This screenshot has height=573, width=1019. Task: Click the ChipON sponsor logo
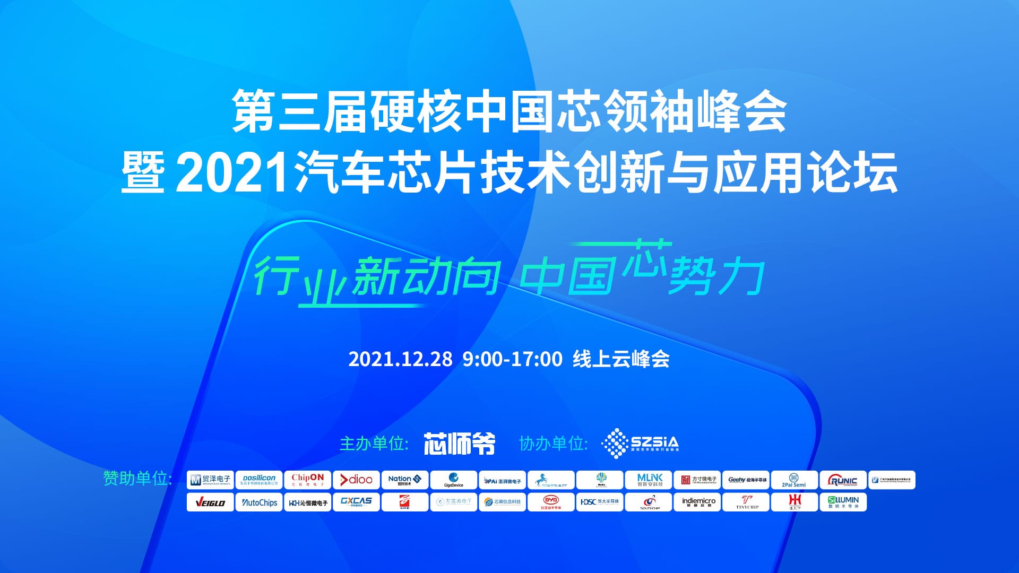pyautogui.click(x=307, y=480)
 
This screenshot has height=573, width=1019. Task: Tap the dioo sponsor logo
pyautogui.click(x=356, y=480)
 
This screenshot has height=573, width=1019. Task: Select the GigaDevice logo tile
pyautogui.click(x=453, y=480)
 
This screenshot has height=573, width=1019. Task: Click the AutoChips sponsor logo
pyautogui.click(x=259, y=502)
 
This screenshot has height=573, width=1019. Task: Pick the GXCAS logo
pyautogui.click(x=356, y=502)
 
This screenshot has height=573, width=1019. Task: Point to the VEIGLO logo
pyautogui.click(x=210, y=502)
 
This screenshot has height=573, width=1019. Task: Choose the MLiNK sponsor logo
pyautogui.click(x=649, y=480)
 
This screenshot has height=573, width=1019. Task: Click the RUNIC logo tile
pyautogui.click(x=843, y=480)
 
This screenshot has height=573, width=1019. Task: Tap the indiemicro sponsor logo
pyautogui.click(x=698, y=502)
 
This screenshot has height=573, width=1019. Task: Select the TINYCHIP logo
pyautogui.click(x=747, y=502)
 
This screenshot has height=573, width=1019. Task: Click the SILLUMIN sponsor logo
pyautogui.click(x=843, y=502)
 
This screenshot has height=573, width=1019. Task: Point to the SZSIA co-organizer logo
pyautogui.click(x=640, y=443)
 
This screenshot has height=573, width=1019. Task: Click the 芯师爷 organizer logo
pyautogui.click(x=459, y=444)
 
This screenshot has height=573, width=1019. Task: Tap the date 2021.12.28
pyautogui.click(x=400, y=359)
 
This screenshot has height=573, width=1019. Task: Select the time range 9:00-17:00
pyautogui.click(x=512, y=359)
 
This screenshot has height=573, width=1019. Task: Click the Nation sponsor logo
pyautogui.click(x=404, y=480)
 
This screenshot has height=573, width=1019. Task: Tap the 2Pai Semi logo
pyautogui.click(x=794, y=480)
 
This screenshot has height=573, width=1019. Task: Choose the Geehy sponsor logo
pyautogui.click(x=747, y=480)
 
